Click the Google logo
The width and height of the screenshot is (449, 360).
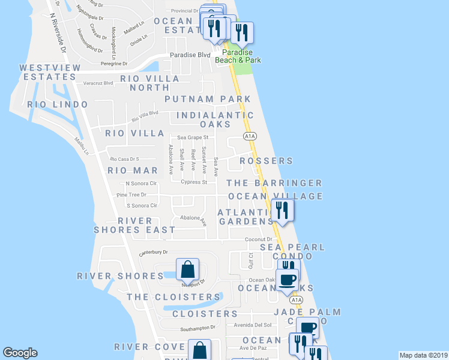pos(20,353)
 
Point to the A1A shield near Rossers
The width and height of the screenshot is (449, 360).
pos(250,136)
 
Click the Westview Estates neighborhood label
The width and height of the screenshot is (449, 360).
pos(47,72)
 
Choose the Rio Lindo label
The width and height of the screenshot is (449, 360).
pos(53,104)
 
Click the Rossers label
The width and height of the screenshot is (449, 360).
pos(266,161)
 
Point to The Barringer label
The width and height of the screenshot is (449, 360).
pos(274,183)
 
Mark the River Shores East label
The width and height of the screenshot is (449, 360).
pos(135,225)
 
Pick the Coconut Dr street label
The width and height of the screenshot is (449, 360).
pos(259,239)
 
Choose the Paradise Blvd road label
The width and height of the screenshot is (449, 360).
pos(190,55)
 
